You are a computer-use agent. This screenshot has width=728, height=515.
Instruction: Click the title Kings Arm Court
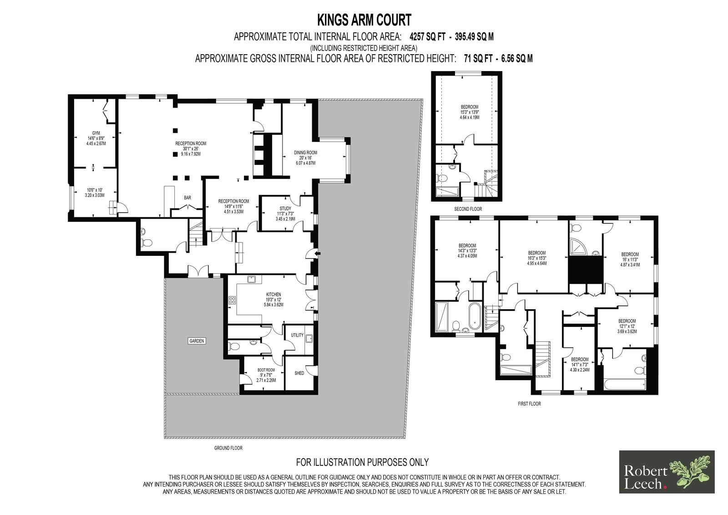tap(364, 20)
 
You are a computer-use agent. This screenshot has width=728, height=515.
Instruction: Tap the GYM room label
tap(96, 133)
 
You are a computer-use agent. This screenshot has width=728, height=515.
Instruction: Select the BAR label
tap(187, 198)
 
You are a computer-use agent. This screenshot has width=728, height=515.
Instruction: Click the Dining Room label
tap(305, 153)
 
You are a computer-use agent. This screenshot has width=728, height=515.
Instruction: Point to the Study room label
tap(285, 209)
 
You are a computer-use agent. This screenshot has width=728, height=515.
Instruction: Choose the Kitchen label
tap(273, 295)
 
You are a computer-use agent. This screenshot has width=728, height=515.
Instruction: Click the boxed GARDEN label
tap(197, 341)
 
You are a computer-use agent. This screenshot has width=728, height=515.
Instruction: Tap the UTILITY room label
tap(297, 335)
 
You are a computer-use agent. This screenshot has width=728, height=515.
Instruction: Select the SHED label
tap(299, 373)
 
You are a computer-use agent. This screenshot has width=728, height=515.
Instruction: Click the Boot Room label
tap(266, 370)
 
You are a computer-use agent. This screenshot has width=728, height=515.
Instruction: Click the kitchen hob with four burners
tap(232, 300)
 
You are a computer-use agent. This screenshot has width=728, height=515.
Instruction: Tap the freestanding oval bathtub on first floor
tap(475, 316)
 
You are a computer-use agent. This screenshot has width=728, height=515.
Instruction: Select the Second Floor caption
tap(468, 209)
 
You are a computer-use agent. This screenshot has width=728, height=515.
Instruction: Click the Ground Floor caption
tap(228, 448)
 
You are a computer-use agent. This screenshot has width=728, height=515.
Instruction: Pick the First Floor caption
tap(530, 404)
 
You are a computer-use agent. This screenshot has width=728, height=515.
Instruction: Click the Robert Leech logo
tap(667, 472)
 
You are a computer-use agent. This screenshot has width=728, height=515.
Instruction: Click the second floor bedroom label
tap(469, 107)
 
